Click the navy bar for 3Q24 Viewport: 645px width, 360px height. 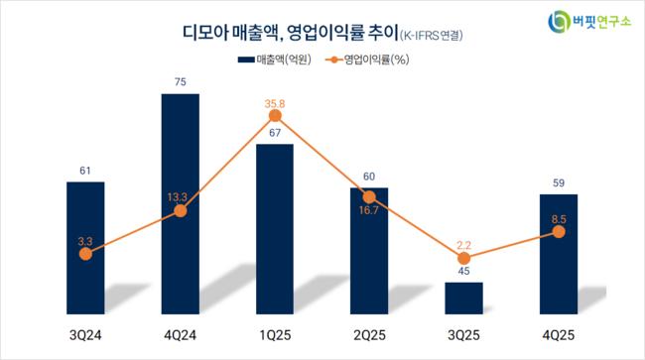(85, 248)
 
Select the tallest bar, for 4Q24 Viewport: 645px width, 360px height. (181, 204)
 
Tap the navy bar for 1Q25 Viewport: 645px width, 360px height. (275, 229)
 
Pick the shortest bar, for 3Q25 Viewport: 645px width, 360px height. (464, 299)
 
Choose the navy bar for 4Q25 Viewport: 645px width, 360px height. (559, 255)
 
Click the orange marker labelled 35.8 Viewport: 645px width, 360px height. (275, 116)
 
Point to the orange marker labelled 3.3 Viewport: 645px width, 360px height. (85, 254)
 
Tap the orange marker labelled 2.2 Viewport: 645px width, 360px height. (464, 259)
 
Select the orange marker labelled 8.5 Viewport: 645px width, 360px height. (559, 232)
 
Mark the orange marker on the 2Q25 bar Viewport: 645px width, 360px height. (369, 197)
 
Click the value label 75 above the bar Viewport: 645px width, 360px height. (181, 82)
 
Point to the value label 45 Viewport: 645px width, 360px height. (464, 271)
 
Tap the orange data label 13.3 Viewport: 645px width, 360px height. (177, 197)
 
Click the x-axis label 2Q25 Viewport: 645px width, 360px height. (369, 335)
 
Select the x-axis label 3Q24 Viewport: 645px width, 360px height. (85, 335)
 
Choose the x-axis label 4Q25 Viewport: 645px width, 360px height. (559, 335)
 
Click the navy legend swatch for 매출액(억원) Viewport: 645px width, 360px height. (246, 60)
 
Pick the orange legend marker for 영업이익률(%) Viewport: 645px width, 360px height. (334, 60)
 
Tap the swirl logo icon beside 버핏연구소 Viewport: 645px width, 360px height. (559, 22)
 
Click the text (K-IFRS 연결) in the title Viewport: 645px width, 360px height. (432, 36)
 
